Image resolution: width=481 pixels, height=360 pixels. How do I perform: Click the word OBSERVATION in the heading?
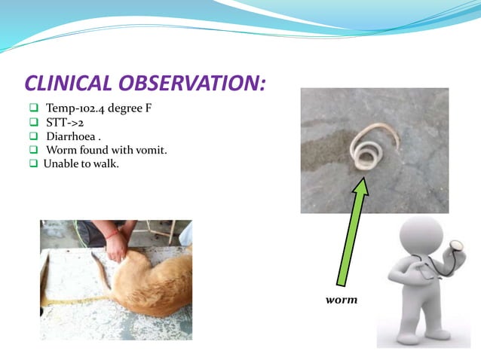click(x=193, y=82)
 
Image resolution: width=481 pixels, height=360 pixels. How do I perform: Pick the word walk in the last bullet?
click(x=105, y=164)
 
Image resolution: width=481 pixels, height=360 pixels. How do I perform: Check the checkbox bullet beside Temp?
click(x=34, y=108)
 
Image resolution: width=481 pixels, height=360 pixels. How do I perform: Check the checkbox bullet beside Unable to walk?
click(x=34, y=164)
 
